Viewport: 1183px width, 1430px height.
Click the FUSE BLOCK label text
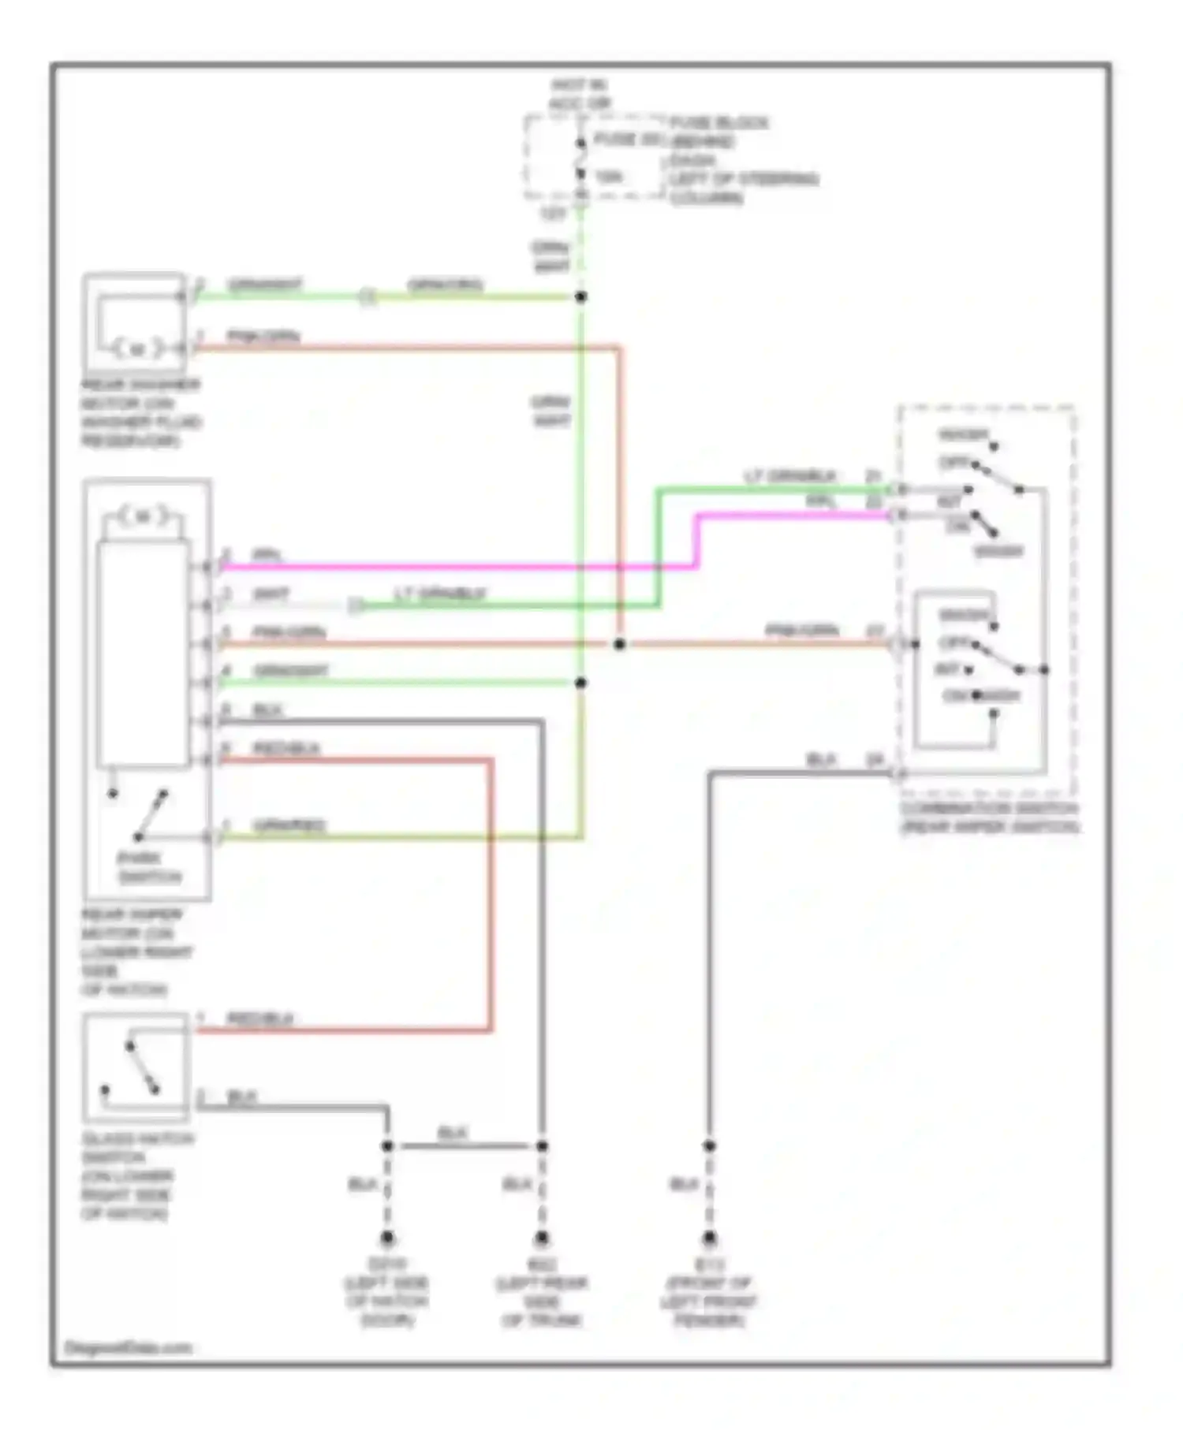(x=718, y=123)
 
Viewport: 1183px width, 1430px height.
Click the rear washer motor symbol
(x=137, y=348)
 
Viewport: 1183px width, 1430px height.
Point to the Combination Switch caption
(x=990, y=817)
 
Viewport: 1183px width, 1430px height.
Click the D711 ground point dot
(x=387, y=1238)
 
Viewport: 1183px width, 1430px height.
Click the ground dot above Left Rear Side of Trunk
(x=542, y=1238)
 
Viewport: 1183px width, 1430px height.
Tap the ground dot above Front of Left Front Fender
(x=709, y=1238)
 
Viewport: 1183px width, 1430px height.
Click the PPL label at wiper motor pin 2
(x=267, y=555)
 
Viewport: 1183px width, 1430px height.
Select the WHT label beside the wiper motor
(x=271, y=594)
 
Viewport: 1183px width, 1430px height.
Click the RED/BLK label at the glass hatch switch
(x=259, y=1019)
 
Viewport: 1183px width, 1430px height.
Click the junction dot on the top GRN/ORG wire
(x=580, y=297)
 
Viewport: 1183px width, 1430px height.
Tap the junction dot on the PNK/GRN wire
(x=620, y=644)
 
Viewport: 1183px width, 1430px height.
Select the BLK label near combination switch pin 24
(x=821, y=760)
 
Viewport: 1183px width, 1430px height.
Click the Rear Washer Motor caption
(x=140, y=412)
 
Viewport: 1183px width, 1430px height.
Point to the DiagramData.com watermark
(x=128, y=1348)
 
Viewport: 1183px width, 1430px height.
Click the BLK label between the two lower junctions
(x=453, y=1133)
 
